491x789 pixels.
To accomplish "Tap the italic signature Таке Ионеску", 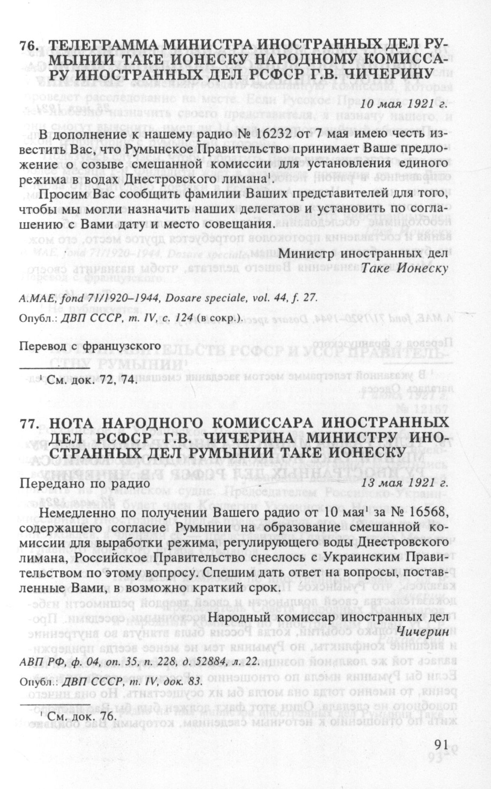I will [x=405, y=269].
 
